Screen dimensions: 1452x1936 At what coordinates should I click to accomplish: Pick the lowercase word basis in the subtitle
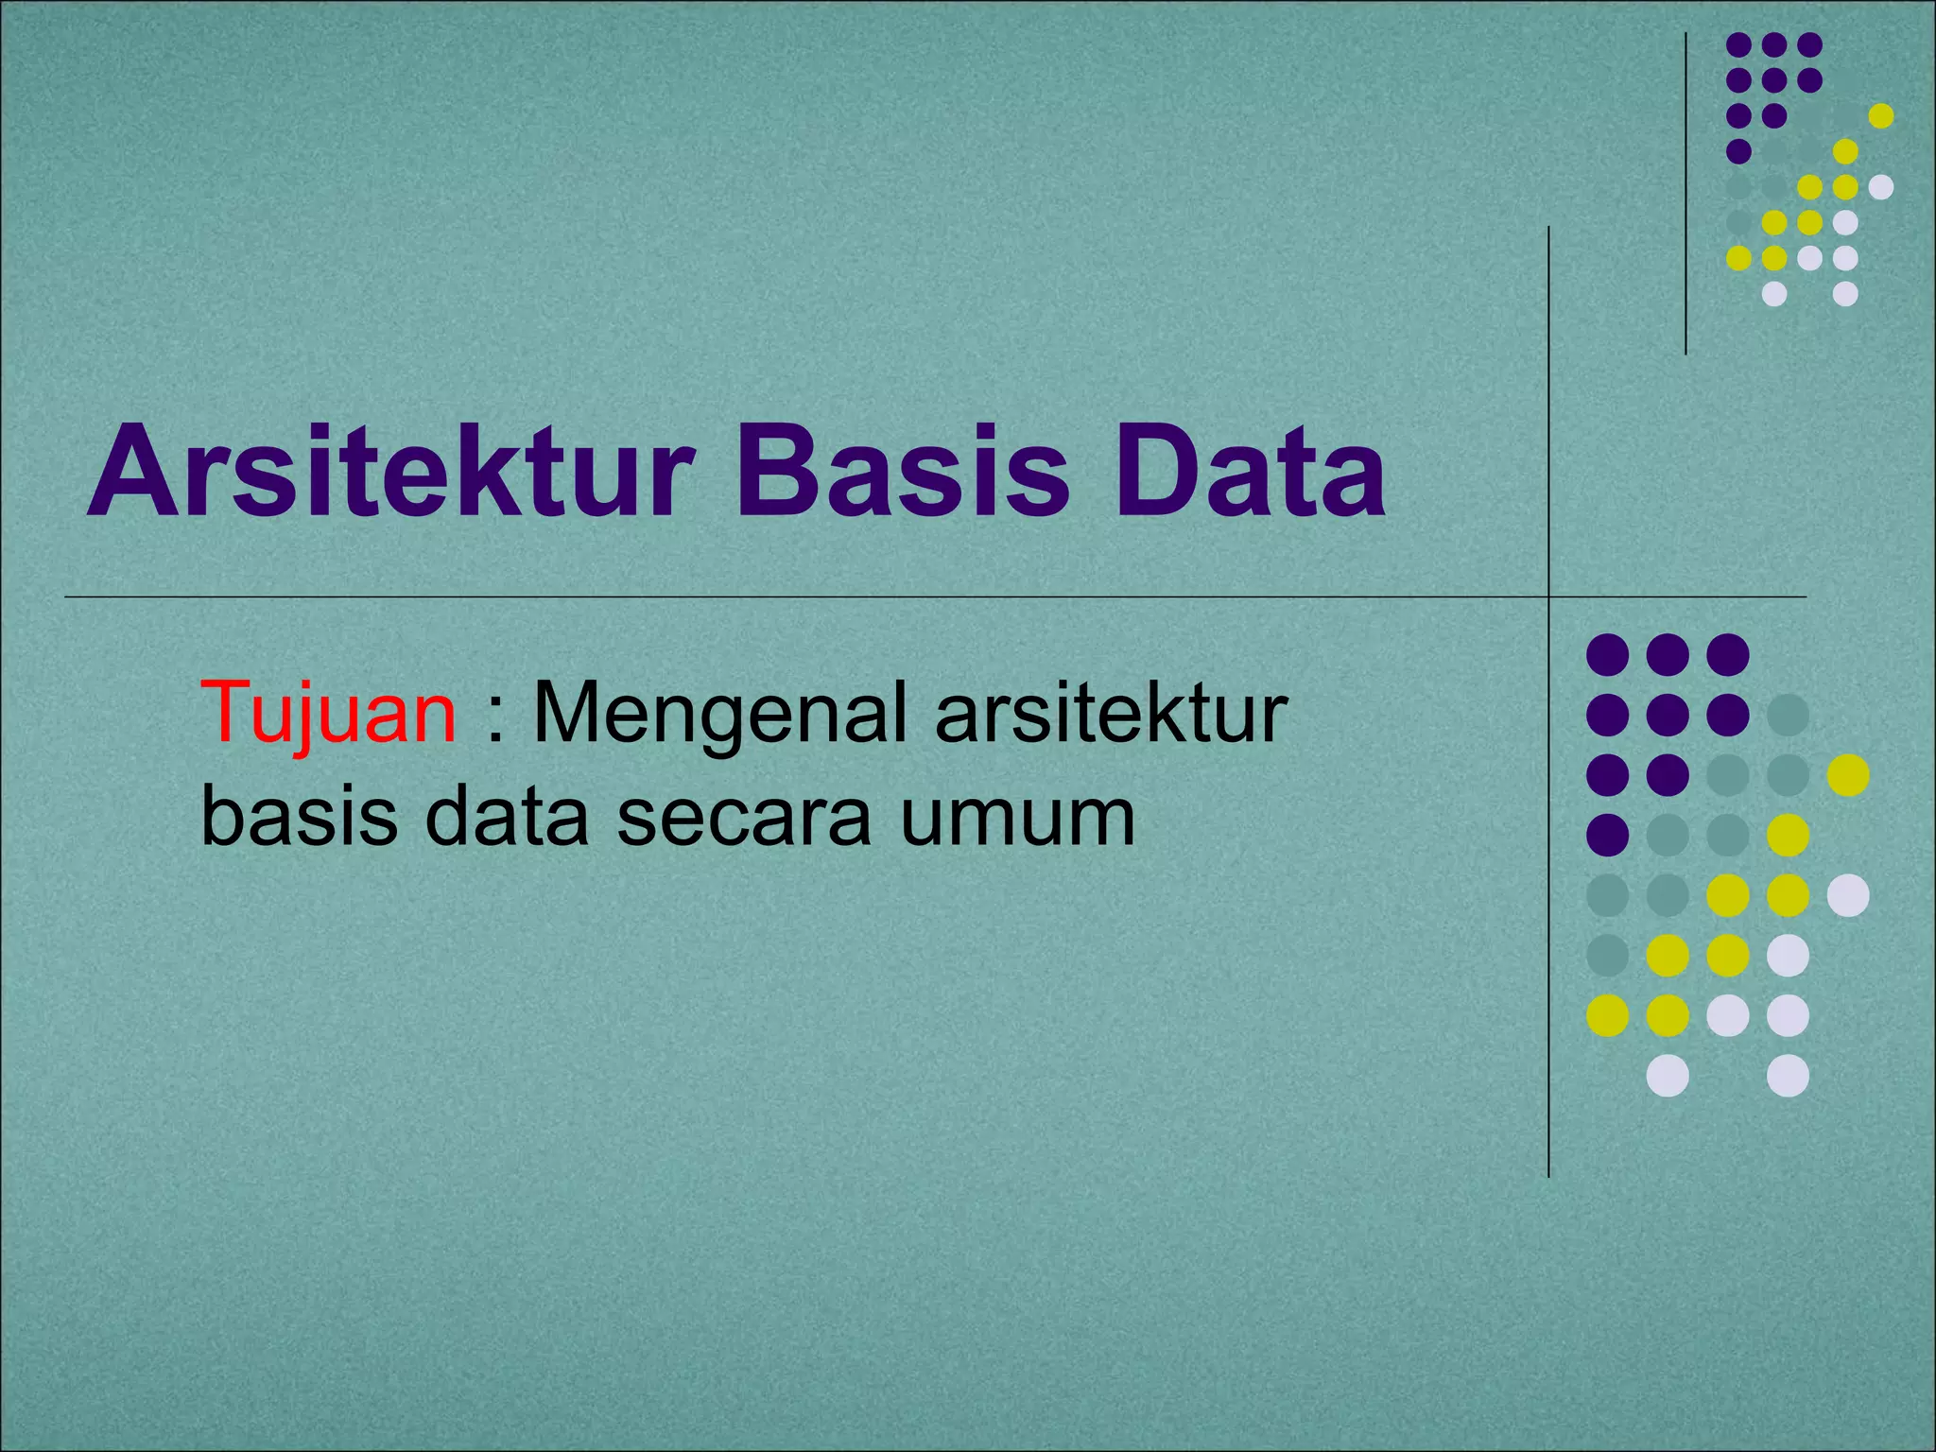pyautogui.click(x=299, y=817)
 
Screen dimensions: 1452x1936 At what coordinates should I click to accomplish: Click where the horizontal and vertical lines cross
pyautogui.click(x=1548, y=597)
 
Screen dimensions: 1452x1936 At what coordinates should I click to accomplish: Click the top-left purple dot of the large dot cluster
pyautogui.click(x=1607, y=654)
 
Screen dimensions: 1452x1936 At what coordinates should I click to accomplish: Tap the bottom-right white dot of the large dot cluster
pyautogui.click(x=1788, y=1076)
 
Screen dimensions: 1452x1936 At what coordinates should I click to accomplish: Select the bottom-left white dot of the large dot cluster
pyautogui.click(x=1668, y=1076)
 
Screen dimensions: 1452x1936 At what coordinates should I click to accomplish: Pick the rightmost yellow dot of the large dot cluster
pyautogui.click(x=1848, y=775)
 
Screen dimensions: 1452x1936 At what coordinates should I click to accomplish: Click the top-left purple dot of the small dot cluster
pyautogui.click(x=1738, y=44)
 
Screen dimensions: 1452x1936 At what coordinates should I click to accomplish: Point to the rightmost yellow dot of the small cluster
pyautogui.click(x=1881, y=115)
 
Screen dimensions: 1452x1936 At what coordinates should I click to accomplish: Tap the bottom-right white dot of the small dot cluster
pyautogui.click(x=1845, y=294)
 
